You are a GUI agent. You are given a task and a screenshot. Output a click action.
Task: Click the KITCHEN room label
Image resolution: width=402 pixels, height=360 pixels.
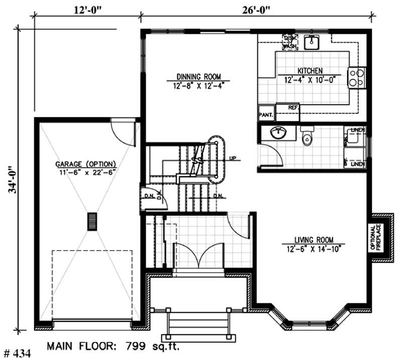coord(310,71)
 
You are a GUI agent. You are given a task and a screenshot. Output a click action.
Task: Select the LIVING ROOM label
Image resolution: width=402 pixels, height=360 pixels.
coord(314,240)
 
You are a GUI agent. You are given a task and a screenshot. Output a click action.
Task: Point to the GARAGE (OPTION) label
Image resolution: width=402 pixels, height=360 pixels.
coord(86,164)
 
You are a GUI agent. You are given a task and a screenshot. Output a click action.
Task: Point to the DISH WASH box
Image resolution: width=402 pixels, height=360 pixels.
coord(289,42)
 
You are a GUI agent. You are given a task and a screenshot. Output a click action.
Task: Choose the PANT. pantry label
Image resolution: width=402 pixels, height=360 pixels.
coord(266,114)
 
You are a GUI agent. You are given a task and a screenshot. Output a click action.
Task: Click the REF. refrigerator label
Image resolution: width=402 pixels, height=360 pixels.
coord(293,107)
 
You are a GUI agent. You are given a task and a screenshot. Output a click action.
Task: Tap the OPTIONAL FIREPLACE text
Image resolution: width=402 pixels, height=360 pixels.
coord(376,237)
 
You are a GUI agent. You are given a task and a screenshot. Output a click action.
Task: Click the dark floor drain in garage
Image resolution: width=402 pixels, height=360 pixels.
coord(92,221)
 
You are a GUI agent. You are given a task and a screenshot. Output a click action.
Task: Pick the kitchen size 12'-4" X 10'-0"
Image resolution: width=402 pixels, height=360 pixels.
coord(310,79)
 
